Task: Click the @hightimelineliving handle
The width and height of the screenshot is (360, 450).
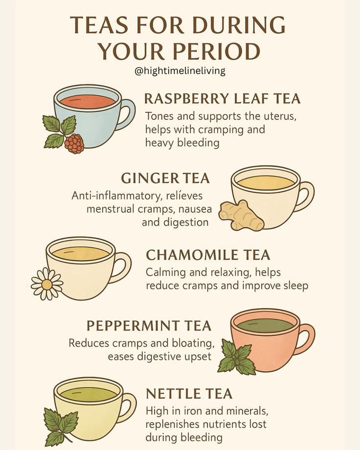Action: point(180,71)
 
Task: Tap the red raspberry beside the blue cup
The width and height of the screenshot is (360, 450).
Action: point(74,143)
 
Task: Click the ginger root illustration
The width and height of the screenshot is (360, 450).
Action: point(241,216)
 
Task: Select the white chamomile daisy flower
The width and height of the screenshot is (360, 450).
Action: point(47,284)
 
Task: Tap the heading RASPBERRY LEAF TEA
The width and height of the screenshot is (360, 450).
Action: point(222,99)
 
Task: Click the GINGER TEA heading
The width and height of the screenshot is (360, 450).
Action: point(165,178)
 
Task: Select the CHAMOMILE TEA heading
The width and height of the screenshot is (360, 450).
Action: point(208,255)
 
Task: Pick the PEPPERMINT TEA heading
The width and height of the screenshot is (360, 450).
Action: point(149,326)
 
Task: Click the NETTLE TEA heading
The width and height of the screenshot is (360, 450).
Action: point(189,393)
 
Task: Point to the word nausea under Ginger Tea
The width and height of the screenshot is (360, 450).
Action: point(195,209)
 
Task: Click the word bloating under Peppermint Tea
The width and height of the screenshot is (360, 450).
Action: point(194,343)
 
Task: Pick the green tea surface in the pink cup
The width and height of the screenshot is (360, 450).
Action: point(266,326)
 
